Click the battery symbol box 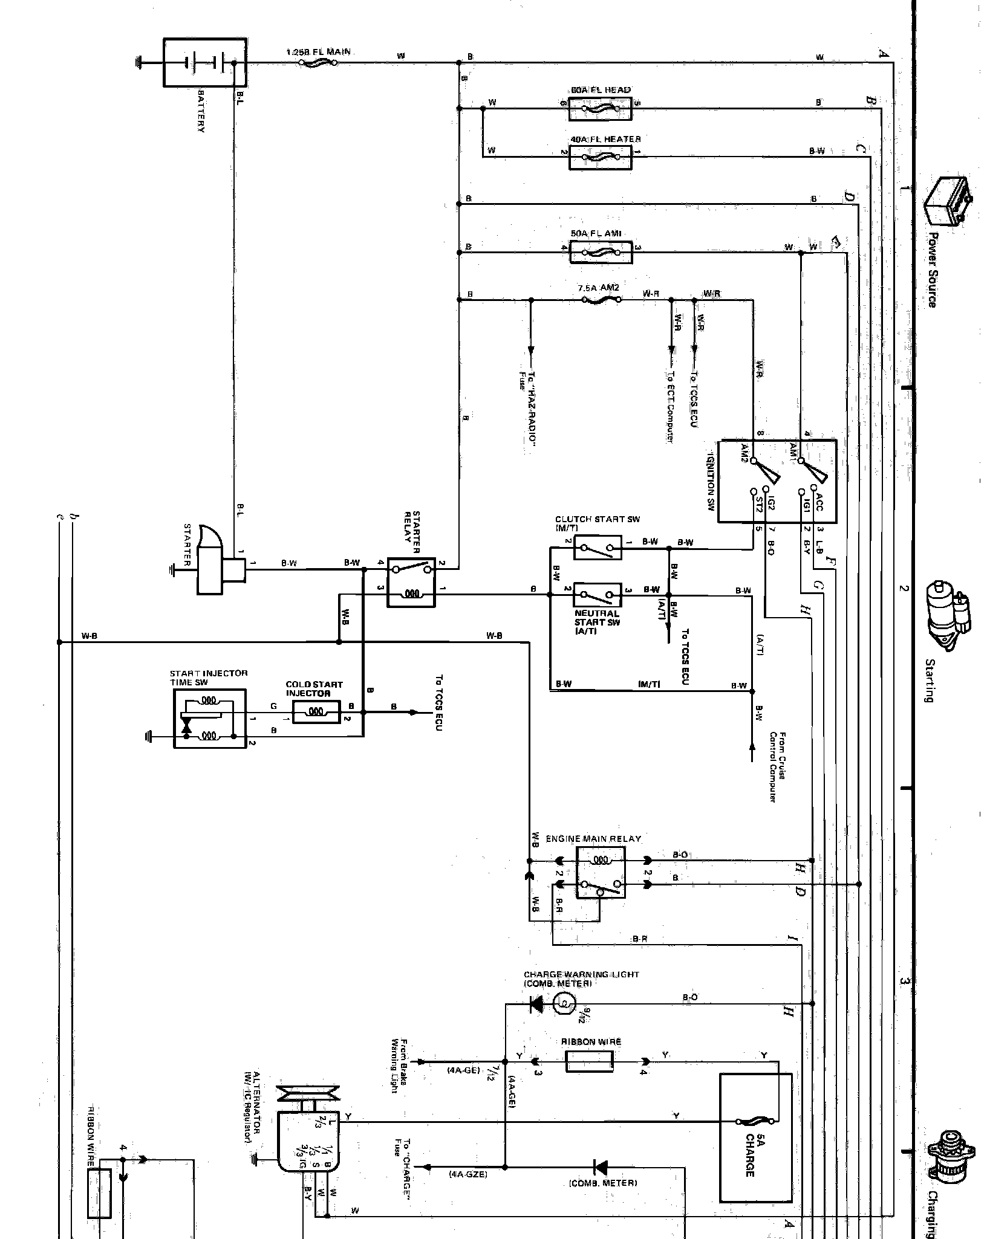pyautogui.click(x=204, y=62)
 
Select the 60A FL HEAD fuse pyautogui.click(x=600, y=109)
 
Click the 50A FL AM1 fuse pyautogui.click(x=601, y=250)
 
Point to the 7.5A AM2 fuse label pyautogui.click(x=599, y=288)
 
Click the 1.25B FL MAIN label pyautogui.click(x=318, y=53)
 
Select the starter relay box pyautogui.click(x=411, y=581)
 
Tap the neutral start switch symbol pyautogui.click(x=597, y=595)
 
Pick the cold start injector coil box pyautogui.click(x=316, y=713)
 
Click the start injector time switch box pyautogui.click(x=210, y=718)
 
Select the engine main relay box pyautogui.click(x=601, y=872)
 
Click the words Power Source pyautogui.click(x=932, y=270)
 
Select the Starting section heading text pyautogui.click(x=929, y=681)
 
